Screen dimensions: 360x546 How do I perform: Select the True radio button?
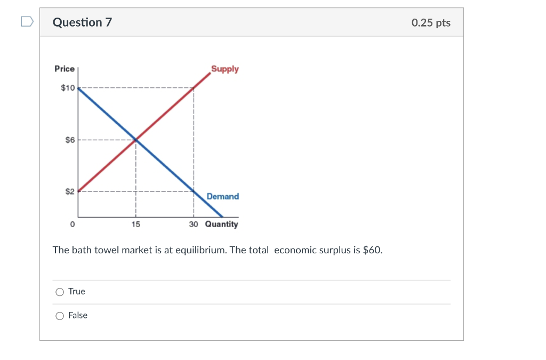60,292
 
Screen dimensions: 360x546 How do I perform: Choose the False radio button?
60,316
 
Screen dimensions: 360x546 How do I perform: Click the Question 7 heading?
82,22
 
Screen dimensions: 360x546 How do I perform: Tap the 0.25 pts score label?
431,22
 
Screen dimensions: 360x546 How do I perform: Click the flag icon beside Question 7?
27,22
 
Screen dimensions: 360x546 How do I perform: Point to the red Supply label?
225,69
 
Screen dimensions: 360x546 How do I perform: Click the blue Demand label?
223,196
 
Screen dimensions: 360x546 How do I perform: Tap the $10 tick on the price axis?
68,87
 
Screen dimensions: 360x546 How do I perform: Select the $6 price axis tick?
70,140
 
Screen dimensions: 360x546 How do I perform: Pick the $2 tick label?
70,191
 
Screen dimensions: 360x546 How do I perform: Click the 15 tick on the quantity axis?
136,225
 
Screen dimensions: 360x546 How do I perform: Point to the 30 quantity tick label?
193,225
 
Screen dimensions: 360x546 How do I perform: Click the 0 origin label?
72,225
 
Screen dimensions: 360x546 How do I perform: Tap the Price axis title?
65,69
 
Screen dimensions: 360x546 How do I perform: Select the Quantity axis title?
221,225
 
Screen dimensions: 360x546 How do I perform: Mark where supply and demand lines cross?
136,140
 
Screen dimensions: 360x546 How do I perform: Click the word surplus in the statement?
334,250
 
